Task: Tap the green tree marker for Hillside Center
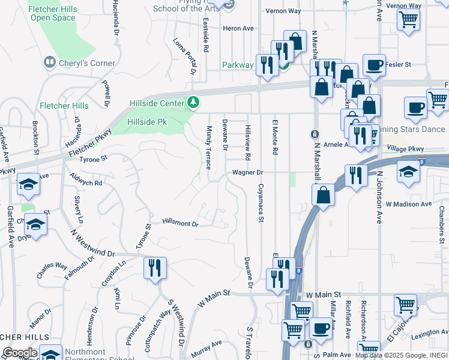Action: click(193, 103)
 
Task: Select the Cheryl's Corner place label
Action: click(86, 63)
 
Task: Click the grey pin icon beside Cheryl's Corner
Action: click(49, 62)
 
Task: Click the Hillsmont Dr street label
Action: click(180, 223)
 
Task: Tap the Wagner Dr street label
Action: click(249, 172)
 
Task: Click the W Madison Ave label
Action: click(409, 204)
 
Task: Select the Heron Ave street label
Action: click(238, 28)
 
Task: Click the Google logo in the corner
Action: click(20, 353)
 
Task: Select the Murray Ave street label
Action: click(207, 345)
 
